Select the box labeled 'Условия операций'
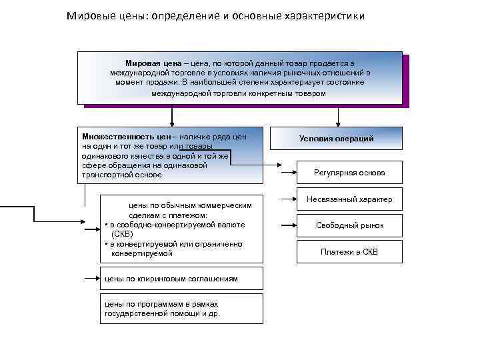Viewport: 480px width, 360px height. point(336,138)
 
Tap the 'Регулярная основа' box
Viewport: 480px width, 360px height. point(349,173)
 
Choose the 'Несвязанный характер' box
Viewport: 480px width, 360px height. point(349,199)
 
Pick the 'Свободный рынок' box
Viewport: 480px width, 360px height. point(349,225)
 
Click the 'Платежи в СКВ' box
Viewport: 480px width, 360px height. point(349,251)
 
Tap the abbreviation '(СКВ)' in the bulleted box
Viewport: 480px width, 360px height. point(123,235)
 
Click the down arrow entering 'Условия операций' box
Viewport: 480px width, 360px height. point(338,119)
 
